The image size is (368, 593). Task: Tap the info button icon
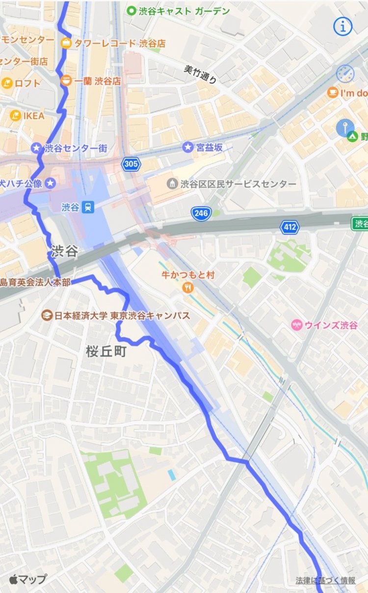(343, 27)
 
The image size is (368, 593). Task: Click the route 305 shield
(131, 164)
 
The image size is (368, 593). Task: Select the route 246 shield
(201, 213)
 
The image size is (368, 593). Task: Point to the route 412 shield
(289, 227)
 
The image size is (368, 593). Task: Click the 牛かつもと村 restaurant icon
(187, 288)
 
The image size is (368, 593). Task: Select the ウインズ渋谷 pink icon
(297, 325)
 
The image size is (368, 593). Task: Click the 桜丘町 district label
(106, 351)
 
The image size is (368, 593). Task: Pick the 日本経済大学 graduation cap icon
(47, 316)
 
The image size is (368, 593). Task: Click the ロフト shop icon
(7, 83)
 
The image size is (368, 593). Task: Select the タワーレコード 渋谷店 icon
(66, 43)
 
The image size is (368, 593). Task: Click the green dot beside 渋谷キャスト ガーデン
(131, 11)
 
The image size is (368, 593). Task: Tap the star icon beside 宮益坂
(187, 147)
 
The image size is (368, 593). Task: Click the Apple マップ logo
(28, 579)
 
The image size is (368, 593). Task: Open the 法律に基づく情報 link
(325, 580)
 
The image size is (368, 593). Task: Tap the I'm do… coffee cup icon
(333, 92)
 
